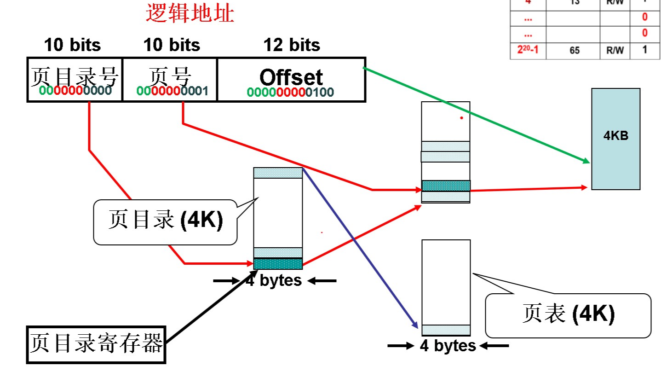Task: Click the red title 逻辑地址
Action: [190, 13]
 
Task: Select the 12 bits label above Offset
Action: [292, 45]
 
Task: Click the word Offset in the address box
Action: [291, 77]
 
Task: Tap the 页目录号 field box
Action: [75, 79]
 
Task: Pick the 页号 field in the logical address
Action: [170, 79]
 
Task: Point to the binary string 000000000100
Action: [290, 92]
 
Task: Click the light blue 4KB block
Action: [615, 139]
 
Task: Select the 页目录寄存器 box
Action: [96, 345]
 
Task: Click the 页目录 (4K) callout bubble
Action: [165, 221]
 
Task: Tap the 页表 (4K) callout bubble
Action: [568, 315]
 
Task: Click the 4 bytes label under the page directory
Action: [274, 280]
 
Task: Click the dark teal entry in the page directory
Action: [278, 264]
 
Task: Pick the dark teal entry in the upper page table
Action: [446, 186]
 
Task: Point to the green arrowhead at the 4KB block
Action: [586, 162]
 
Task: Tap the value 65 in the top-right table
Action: [575, 51]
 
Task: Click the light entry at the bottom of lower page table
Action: [446, 330]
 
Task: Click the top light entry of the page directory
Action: [278, 173]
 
